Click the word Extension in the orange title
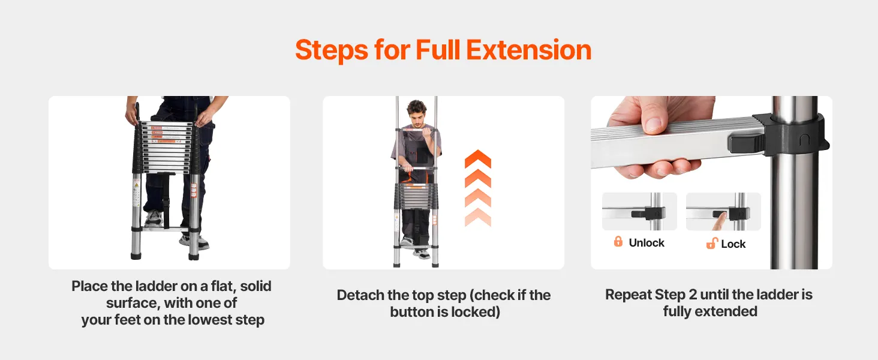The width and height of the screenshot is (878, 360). (529, 50)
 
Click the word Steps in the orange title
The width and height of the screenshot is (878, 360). (332, 50)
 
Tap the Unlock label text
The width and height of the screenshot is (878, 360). (647, 243)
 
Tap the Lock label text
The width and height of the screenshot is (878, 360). (733, 244)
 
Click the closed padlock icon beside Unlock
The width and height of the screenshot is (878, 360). (618, 242)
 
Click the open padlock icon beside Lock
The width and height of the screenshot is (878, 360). (711, 243)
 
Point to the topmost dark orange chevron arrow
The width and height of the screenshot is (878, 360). (478, 158)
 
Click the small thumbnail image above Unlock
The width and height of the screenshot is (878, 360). (639, 211)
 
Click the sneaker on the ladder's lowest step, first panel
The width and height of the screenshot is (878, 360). (154, 218)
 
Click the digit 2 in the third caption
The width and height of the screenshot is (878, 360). (693, 295)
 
